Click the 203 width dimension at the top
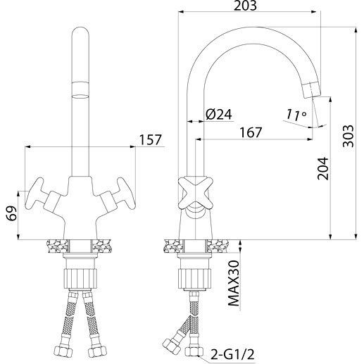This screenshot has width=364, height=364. tap(245, 6)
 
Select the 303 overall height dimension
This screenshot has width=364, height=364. tap(348, 136)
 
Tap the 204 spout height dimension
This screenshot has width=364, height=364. tap(322, 168)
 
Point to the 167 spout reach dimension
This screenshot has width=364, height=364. tap(251, 132)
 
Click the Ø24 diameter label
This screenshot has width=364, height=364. tap(218, 114)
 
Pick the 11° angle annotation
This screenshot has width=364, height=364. tap(296, 115)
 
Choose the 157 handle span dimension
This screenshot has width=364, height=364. tap(151, 140)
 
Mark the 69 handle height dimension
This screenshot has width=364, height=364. tap(12, 213)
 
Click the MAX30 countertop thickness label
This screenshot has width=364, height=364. tap(234, 284)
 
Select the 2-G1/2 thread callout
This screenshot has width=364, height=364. tap(232, 354)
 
